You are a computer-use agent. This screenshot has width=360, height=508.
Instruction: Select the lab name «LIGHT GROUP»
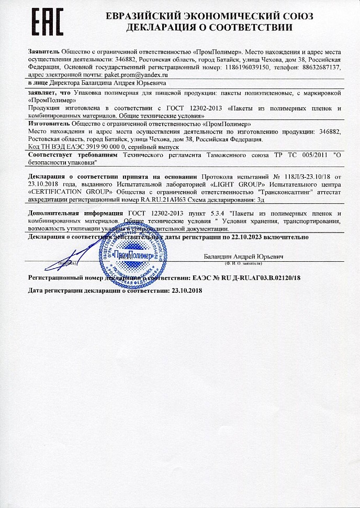tap(226, 184)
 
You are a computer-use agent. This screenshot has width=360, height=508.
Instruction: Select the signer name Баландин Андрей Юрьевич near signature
tap(244, 257)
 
